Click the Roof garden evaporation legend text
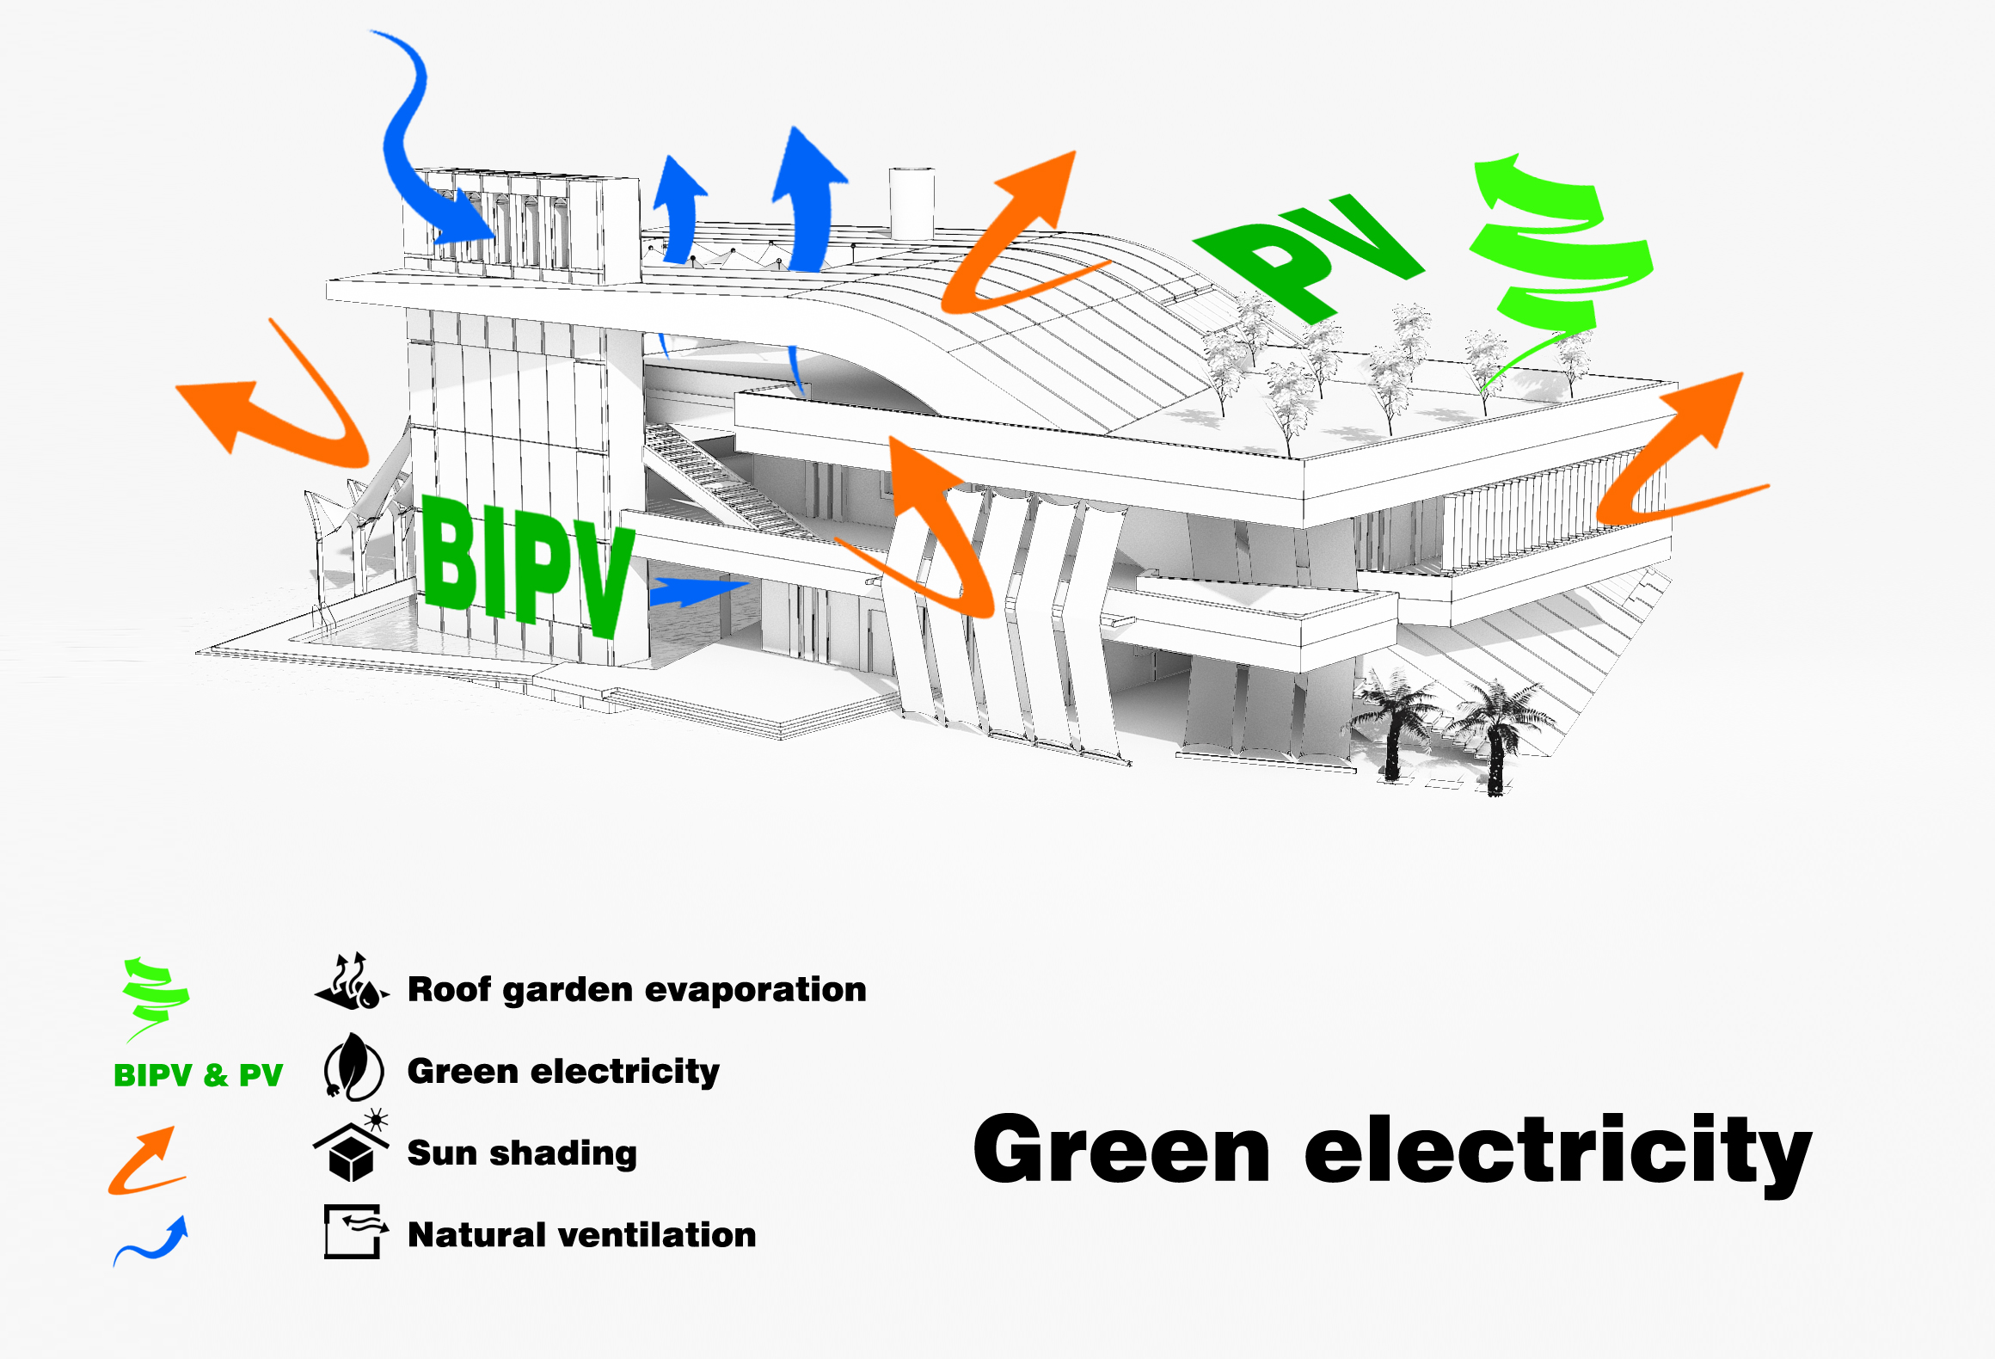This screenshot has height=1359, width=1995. point(636,989)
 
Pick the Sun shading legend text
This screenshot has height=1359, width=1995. point(522,1153)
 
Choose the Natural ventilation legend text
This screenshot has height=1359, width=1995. point(581,1235)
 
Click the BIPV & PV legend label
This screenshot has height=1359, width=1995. point(198,1075)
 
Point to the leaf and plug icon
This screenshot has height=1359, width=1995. point(353,1067)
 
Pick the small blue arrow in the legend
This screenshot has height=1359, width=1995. point(152,1241)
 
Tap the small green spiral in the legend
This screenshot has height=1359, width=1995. point(155,998)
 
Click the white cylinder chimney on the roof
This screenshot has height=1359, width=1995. point(912,202)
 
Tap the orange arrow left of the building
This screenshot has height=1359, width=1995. point(275,404)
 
